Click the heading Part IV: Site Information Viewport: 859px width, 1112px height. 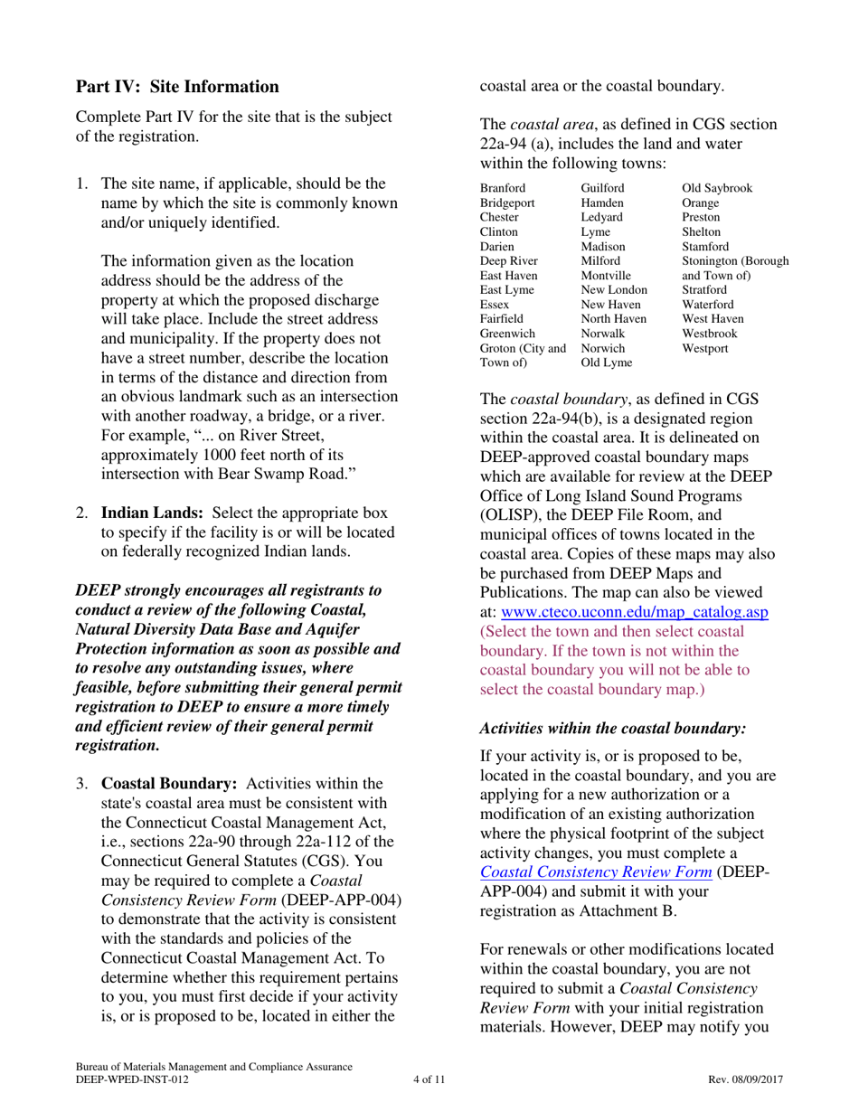[x=177, y=88]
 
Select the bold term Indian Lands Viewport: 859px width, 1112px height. [x=151, y=511]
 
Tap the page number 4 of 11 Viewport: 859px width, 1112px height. [x=429, y=1079]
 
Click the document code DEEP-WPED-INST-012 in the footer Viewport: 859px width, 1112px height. [x=132, y=1079]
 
